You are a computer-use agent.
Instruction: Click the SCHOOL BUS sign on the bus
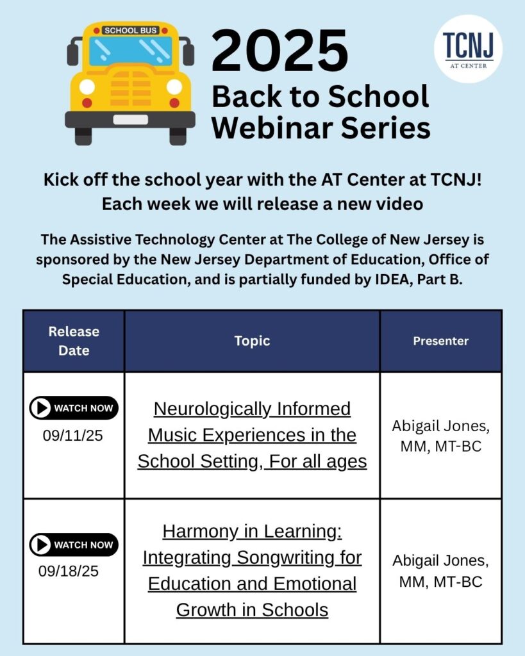click(x=130, y=30)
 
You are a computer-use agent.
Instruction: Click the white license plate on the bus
click(x=130, y=119)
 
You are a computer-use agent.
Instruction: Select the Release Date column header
click(x=74, y=341)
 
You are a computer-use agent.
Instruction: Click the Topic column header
click(x=252, y=341)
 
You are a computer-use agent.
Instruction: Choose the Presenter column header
click(x=440, y=341)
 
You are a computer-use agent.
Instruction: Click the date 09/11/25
click(x=73, y=436)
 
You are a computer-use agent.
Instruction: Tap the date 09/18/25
click(x=69, y=571)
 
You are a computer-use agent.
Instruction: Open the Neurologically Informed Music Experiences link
click(x=252, y=435)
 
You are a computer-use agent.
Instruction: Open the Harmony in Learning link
click(x=252, y=570)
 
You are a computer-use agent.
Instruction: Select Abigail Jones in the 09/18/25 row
click(x=440, y=561)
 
